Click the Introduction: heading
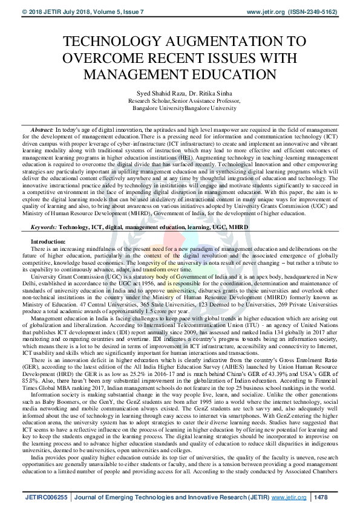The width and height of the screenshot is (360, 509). [x=49, y=225]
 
